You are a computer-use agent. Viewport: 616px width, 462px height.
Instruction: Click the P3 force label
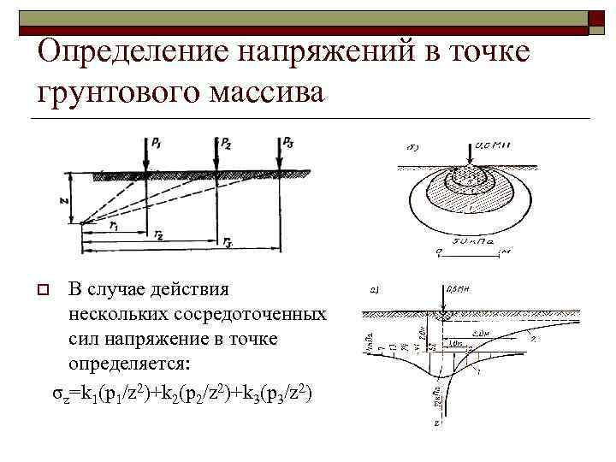(291, 142)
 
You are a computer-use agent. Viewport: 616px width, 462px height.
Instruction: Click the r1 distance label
(115, 225)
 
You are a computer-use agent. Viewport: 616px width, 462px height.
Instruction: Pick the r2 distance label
(160, 235)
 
